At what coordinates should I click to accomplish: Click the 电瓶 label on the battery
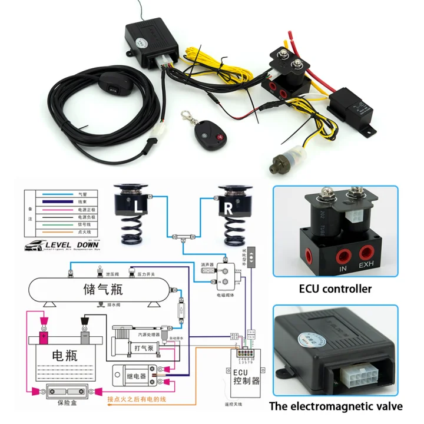coord(64,356)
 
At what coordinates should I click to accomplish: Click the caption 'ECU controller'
coord(335,289)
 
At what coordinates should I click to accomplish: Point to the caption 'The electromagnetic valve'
coord(336,406)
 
